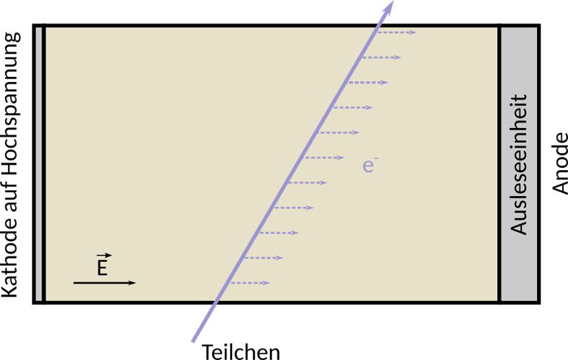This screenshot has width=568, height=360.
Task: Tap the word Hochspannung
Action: coord(11,105)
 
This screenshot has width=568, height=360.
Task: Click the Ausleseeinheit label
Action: coord(518,165)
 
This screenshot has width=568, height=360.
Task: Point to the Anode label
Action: coord(560,163)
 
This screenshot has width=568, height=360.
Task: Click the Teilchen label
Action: coord(241,352)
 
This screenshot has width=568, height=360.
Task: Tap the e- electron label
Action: coord(371,165)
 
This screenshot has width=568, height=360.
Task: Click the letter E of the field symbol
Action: coord(102,268)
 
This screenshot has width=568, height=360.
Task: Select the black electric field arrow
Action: coord(105,282)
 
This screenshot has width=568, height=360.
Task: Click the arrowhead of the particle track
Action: coord(388,7)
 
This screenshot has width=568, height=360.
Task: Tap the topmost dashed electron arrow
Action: coord(396,33)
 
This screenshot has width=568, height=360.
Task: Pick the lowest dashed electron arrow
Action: coord(250,283)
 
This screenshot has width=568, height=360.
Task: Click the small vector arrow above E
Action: coord(104,256)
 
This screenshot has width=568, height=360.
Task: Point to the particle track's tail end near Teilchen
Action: coord(193,342)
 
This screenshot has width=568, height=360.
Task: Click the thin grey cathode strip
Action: coord(38,163)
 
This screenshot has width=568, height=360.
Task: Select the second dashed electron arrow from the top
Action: coord(381,58)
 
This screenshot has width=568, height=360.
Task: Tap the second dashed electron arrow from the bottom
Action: coord(263,258)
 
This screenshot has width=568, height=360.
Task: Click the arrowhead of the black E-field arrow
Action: coord(132,282)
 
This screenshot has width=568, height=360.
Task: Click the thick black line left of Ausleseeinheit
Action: coord(499,163)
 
